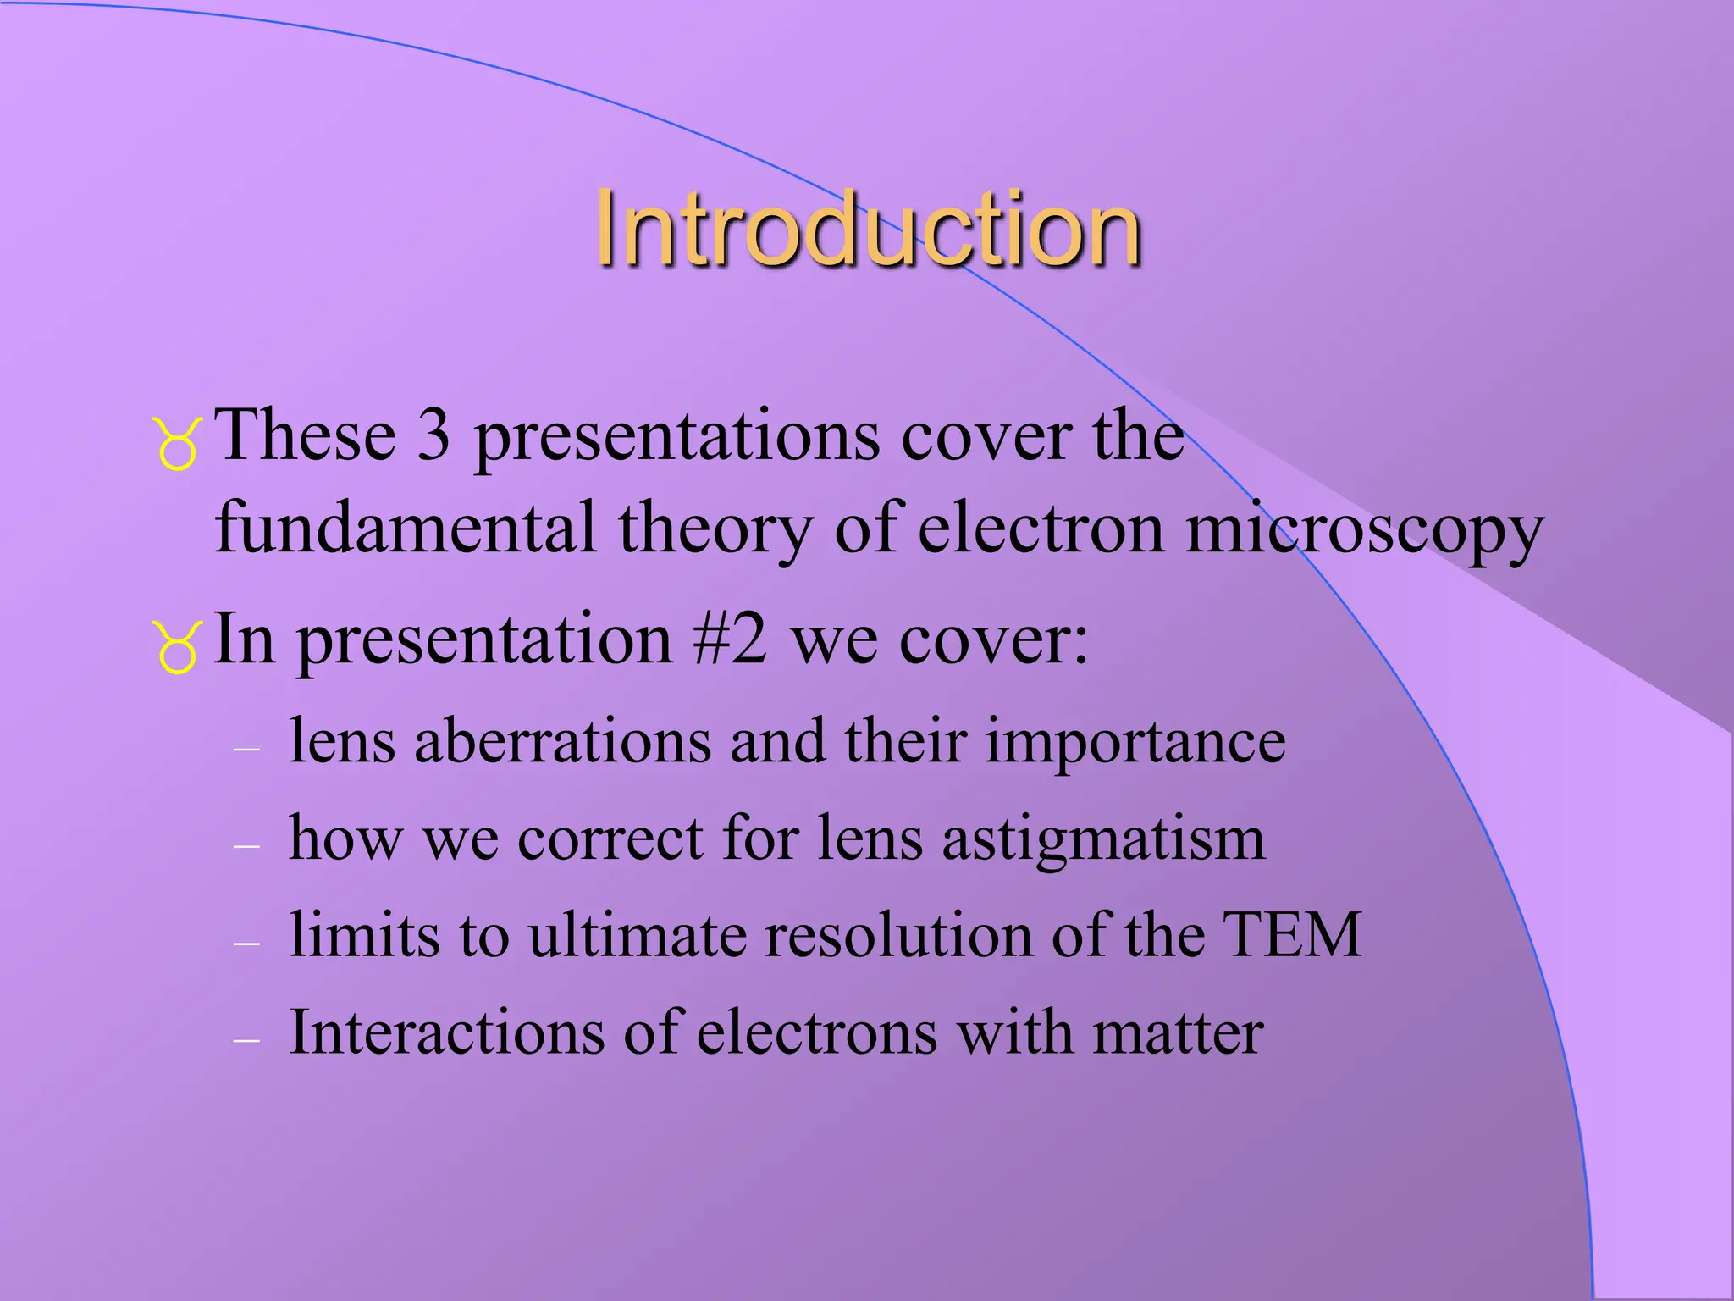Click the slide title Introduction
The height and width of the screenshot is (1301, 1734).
click(868, 229)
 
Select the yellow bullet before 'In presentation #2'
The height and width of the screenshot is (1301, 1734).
click(178, 647)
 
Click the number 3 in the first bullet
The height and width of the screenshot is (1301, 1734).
click(433, 435)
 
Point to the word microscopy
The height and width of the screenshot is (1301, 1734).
click(1364, 530)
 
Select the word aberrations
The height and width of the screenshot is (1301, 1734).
click(562, 741)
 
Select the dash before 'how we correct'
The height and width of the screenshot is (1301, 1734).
click(246, 846)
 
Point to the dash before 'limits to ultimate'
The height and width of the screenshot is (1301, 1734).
click(246, 943)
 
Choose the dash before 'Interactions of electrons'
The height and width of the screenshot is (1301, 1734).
click(246, 1040)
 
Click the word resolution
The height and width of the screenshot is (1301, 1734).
click(897, 935)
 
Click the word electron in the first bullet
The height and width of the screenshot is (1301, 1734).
click(1041, 529)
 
